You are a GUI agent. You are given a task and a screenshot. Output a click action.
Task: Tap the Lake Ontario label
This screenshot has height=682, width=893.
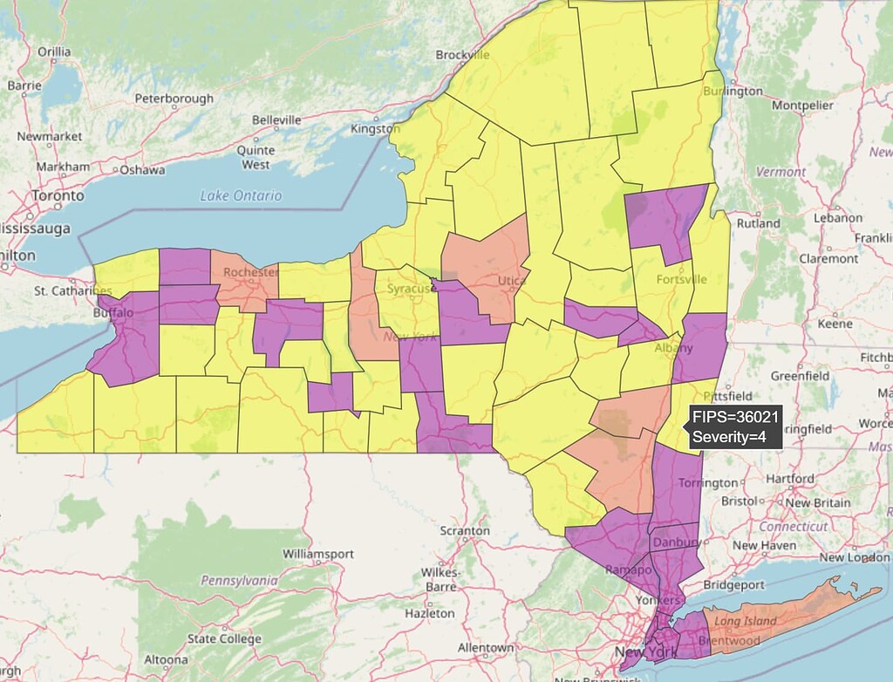[x=241, y=196]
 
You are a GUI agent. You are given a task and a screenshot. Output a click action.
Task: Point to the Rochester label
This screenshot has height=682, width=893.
[x=249, y=272]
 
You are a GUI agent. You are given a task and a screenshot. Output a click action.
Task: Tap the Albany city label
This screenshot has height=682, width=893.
[x=673, y=348]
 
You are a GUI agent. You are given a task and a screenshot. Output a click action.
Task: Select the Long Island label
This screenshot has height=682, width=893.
[x=746, y=621]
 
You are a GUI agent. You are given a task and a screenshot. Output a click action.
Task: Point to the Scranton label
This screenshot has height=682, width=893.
[x=464, y=530]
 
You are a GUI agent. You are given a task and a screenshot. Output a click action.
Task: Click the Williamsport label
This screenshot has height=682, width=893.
[x=318, y=554]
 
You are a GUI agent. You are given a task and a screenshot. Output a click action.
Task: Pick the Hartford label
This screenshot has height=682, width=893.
[x=792, y=479]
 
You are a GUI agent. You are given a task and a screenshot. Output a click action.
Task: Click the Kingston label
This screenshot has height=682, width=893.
[x=374, y=129]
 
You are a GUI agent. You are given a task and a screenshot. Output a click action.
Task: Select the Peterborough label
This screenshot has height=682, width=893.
[x=174, y=99]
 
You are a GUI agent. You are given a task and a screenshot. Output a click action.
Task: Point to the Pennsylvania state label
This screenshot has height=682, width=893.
[x=239, y=580]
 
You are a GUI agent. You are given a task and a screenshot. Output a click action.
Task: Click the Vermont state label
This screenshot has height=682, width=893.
[x=781, y=172]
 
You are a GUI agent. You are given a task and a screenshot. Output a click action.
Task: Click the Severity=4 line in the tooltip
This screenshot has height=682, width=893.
[x=729, y=437]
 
